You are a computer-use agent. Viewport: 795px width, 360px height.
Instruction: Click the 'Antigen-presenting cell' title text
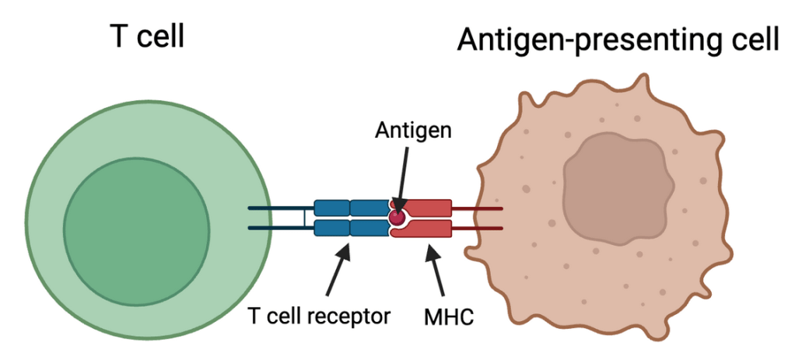[618, 38]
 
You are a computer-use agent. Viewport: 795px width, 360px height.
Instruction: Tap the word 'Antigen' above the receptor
[412, 130]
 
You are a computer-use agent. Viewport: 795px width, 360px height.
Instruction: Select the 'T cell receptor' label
[318, 316]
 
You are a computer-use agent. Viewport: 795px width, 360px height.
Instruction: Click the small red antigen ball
[398, 216]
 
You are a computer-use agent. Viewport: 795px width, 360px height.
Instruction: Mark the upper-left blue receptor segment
[331, 208]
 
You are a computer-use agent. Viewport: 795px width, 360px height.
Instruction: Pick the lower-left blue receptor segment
[331, 228]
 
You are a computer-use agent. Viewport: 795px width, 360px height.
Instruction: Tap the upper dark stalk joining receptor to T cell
[281, 208]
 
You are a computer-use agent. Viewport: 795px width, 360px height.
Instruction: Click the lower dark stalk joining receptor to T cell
[281, 228]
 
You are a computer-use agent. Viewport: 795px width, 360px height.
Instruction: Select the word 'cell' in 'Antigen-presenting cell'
[754, 38]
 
